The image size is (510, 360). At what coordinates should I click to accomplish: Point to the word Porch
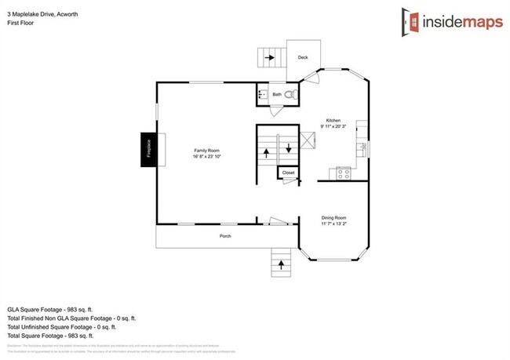pos(224,235)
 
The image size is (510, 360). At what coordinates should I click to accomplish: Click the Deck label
pos(303,56)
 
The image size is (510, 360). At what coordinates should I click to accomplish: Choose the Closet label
pos(288,173)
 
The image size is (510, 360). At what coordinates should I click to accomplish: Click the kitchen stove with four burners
pos(343,173)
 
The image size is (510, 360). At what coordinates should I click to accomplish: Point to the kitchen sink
pos(362,147)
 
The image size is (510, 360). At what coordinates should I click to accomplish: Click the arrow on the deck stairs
pos(269,57)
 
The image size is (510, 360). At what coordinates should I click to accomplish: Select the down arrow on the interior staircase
pos(288,147)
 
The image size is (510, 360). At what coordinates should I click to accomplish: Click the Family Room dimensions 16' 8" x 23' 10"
pos(207,157)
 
